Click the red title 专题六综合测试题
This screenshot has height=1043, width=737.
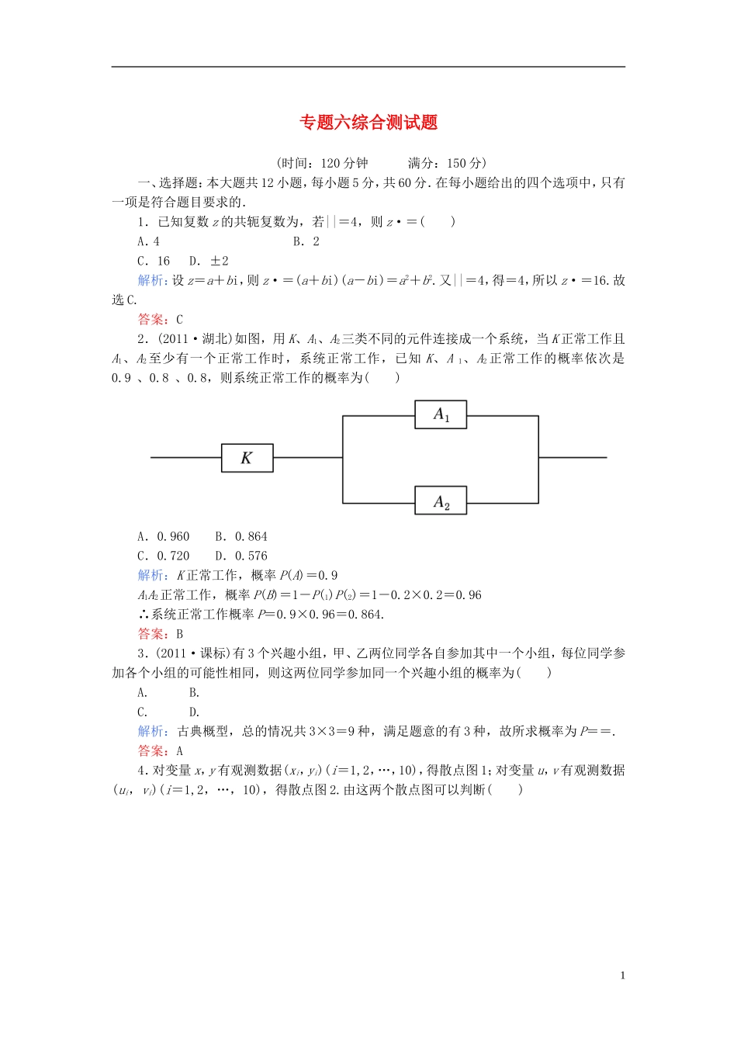pos(368,123)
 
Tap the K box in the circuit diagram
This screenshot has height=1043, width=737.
pos(247,458)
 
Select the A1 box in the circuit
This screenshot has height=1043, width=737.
pos(441,414)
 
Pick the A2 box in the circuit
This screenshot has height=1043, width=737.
pos(441,502)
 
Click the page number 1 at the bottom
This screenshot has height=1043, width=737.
pos(622,975)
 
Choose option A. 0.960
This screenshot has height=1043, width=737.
pos(164,536)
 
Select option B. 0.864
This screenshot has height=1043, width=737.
pos(241,536)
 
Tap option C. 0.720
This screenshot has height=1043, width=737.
pos(164,556)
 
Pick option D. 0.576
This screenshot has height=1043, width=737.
pos(241,556)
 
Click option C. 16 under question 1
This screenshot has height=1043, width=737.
pos(154,261)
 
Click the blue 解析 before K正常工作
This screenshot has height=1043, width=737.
pos(151,575)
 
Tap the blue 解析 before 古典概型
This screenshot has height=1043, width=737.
pos(151,731)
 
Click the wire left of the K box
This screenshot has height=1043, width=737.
pos(186,458)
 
